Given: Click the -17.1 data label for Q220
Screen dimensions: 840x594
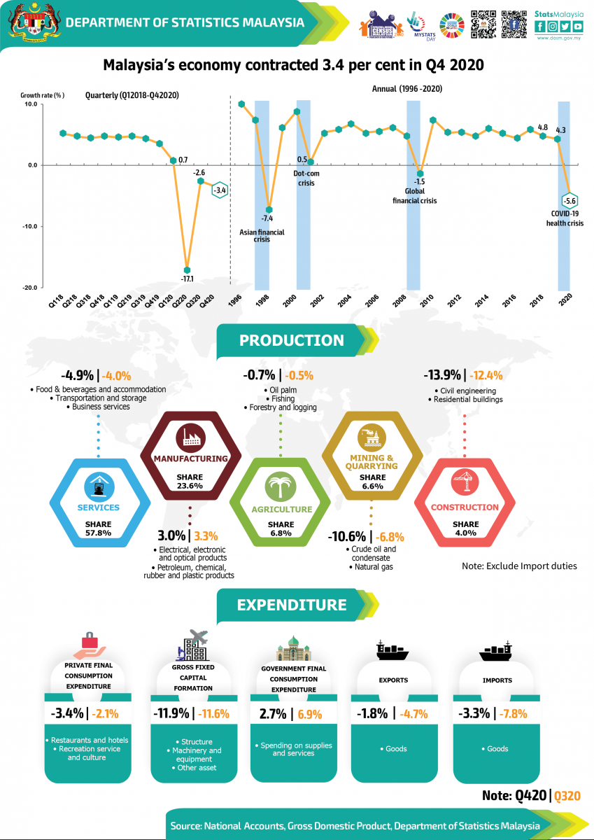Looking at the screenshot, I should [x=187, y=279].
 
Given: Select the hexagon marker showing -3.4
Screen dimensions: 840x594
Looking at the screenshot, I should [x=219, y=190].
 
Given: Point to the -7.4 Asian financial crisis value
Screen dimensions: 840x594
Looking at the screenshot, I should [x=267, y=218].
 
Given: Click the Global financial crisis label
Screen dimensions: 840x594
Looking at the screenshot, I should [x=420, y=195].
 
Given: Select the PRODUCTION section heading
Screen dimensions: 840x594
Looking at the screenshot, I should [x=291, y=341].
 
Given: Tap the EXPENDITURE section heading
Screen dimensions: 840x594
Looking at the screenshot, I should [x=291, y=605].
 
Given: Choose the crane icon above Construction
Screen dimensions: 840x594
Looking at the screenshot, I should [x=465, y=484].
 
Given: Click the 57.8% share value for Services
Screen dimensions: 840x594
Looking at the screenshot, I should [x=98, y=533].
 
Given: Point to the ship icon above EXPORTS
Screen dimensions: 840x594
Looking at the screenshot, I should [x=393, y=650].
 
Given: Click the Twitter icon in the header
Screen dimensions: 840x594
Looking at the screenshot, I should [x=565, y=27].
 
